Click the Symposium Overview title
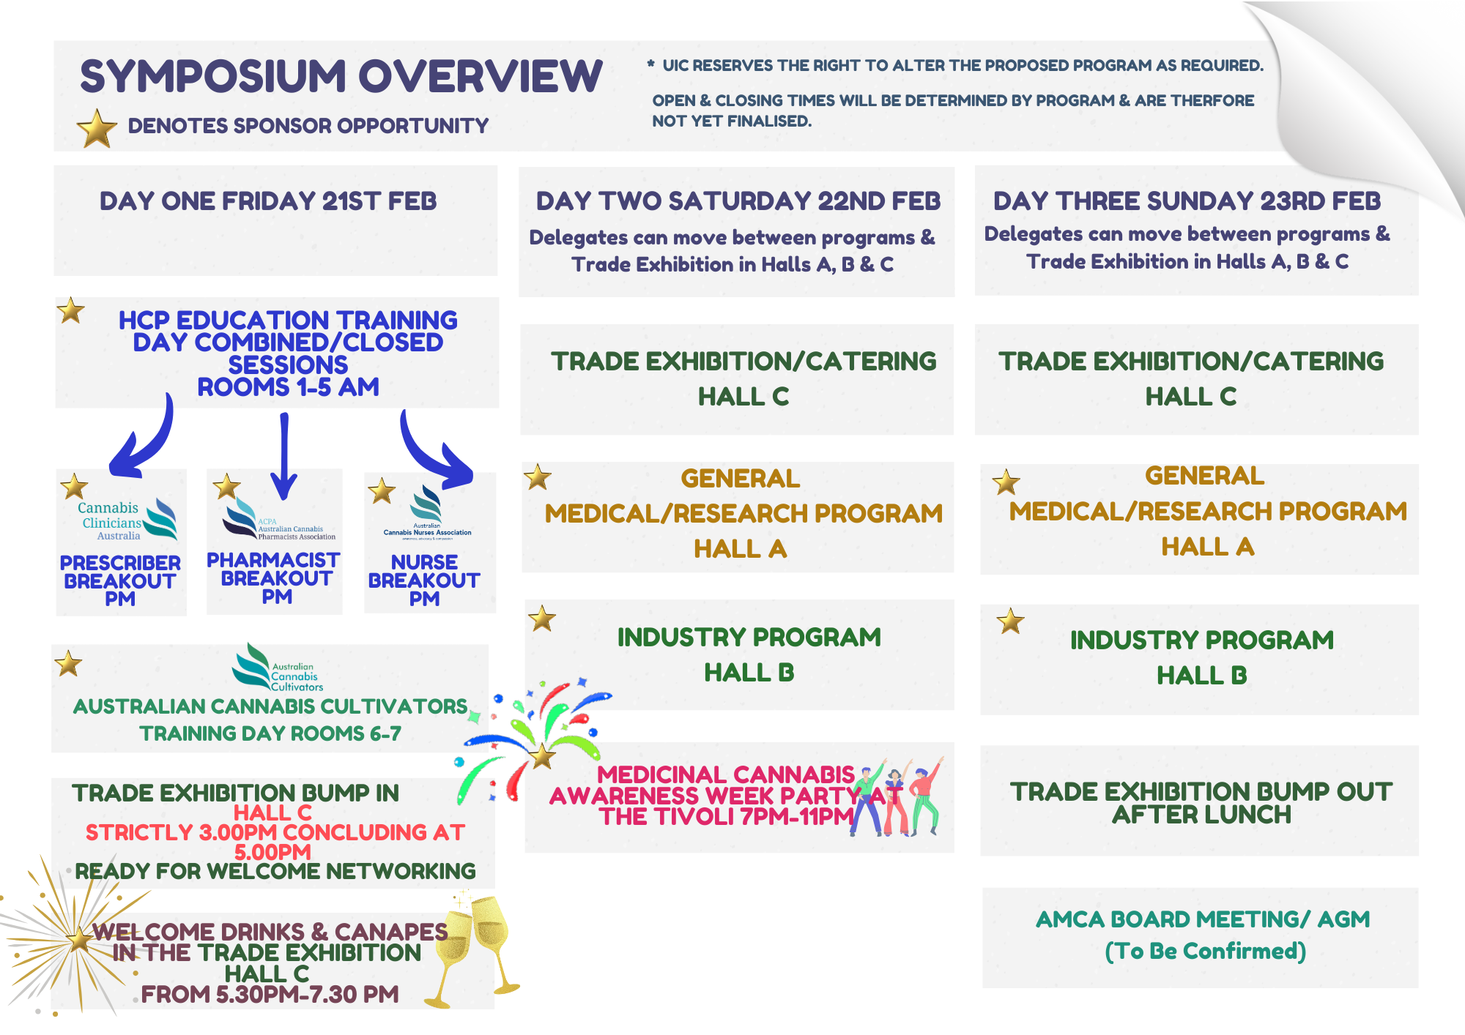point(341,76)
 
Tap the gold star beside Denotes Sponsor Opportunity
point(97,128)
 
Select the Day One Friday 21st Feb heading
point(268,201)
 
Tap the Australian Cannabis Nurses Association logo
point(427,512)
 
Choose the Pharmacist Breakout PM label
point(274,578)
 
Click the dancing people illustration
point(897,798)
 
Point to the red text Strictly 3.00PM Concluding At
point(275,833)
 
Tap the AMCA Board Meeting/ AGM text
point(1202,919)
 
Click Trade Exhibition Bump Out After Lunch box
point(1200,802)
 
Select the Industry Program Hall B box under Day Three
point(1200,658)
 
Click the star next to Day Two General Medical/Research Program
point(538,478)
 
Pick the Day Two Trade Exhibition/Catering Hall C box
point(737,379)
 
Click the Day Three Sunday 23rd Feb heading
point(1187,201)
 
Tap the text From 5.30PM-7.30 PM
point(270,995)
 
